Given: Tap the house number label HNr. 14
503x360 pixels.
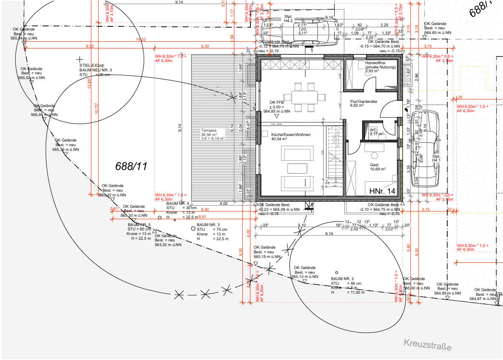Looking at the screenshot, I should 382,191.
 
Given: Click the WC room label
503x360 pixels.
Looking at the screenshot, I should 373,130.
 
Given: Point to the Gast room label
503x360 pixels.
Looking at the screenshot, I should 374,165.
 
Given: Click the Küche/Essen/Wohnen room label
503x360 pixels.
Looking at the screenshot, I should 291,135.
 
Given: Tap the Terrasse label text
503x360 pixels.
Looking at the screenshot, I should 209,131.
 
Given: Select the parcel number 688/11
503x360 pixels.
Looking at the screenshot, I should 131,166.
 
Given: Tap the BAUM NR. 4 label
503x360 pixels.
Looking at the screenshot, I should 178,204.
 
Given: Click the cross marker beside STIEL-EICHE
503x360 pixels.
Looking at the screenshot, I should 79,60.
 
